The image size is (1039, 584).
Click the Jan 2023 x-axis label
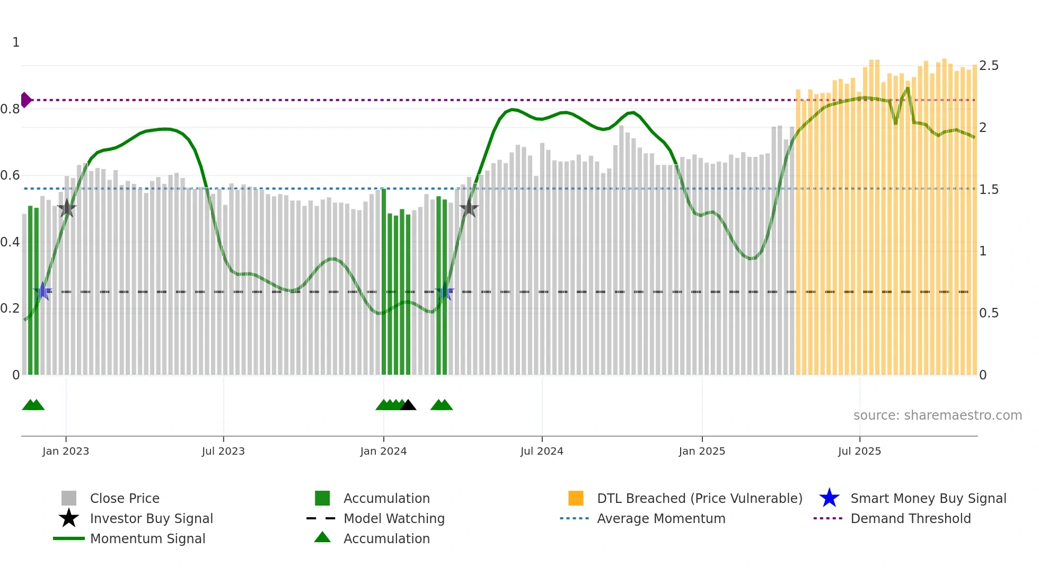[66, 451]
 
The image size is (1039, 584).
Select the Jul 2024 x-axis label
[542, 451]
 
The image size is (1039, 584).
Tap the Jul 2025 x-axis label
[859, 451]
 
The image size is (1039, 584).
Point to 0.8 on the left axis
[10, 109]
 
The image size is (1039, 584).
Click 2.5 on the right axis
[989, 66]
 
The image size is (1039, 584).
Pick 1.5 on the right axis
[989, 190]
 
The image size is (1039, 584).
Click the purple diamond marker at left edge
[25, 100]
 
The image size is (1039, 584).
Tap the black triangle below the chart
[408, 405]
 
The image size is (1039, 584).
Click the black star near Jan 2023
[67, 208]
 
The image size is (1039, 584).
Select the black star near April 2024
[469, 208]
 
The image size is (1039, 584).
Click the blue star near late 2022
[43, 291]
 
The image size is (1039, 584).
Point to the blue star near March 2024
[445, 291]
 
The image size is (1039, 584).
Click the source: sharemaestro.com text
[937, 415]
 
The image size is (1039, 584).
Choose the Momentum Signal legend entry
[147, 538]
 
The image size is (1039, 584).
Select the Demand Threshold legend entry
[910, 518]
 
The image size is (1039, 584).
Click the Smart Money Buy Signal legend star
[829, 498]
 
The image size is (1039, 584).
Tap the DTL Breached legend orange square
[576, 498]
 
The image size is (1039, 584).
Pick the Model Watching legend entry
[393, 518]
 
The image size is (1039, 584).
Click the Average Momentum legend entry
[661, 518]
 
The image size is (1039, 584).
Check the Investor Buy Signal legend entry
[151, 518]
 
